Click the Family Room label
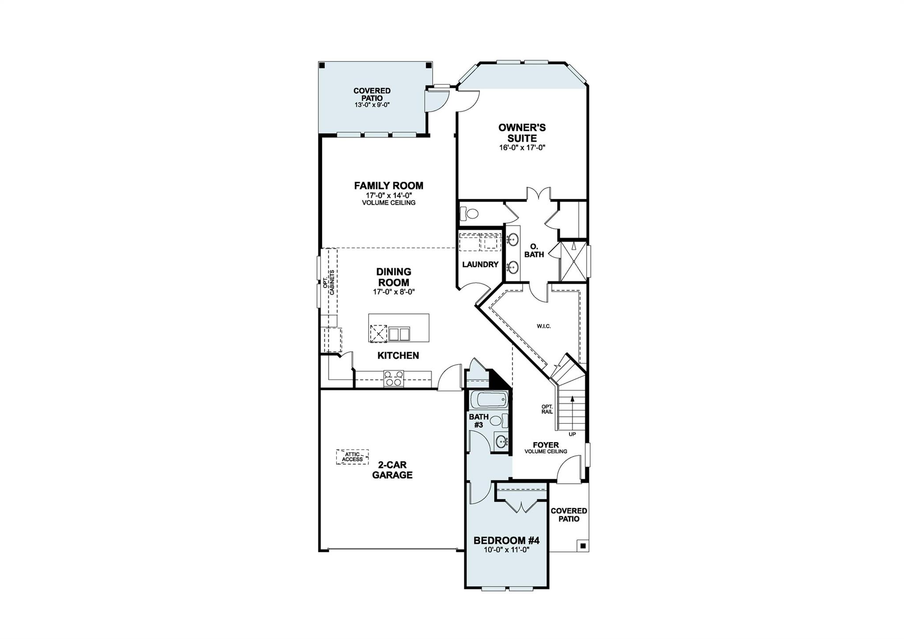coord(388,186)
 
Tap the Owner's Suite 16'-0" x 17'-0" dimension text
coord(522,148)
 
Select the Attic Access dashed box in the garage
coord(352,457)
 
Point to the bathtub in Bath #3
coord(489,400)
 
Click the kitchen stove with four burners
coord(394,379)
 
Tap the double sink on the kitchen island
coord(399,334)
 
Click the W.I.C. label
coord(544,327)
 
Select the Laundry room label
coord(480,265)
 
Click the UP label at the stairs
coord(572,434)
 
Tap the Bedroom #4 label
coord(506,540)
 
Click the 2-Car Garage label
coord(392,470)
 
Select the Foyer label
coord(546,445)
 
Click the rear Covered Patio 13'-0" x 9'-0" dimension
coord(372,105)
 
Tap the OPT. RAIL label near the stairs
coord(547,409)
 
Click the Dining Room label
coord(393,277)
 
